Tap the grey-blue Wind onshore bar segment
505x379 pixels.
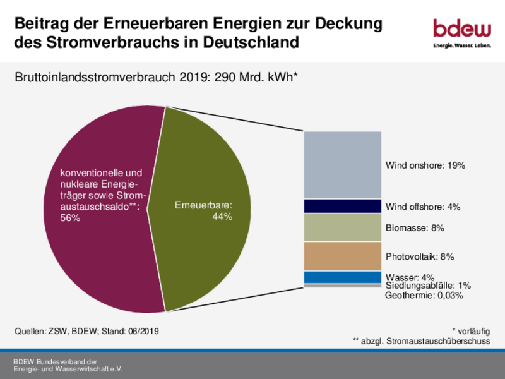pos(342,165)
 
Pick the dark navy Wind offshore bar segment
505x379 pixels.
pos(342,207)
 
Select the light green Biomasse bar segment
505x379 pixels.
pos(342,227)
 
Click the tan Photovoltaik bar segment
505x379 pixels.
pos(342,256)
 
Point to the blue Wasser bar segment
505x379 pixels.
pos(342,277)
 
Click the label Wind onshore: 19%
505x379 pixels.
pos(425,165)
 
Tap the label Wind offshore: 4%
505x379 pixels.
pos(422,207)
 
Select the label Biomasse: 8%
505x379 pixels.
pos(415,227)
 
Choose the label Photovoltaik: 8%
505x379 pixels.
pos(420,257)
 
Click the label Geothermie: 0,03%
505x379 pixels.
pos(424,295)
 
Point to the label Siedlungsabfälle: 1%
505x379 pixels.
pos(428,286)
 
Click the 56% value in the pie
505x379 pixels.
pos(70,218)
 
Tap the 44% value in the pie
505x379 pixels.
pos(222,217)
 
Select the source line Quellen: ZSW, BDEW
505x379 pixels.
pos(86,330)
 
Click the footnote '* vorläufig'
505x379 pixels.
pos(471,330)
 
